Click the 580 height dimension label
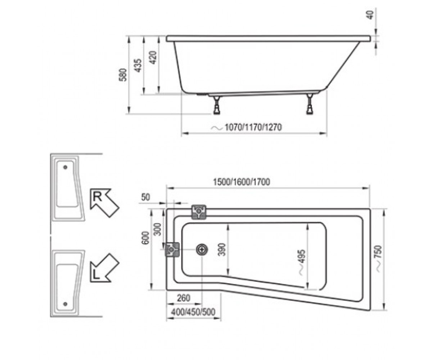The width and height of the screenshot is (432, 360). [x=123, y=75]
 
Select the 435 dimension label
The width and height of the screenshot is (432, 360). [x=138, y=66]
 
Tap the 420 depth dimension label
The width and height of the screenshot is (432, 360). [x=153, y=58]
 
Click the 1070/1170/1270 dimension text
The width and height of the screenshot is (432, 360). [x=253, y=127]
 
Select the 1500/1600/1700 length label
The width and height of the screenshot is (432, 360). [x=242, y=182]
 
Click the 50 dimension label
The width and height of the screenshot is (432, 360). [x=145, y=197]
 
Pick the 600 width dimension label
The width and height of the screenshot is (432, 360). [x=146, y=238]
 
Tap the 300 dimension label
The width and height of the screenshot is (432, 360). [x=158, y=229]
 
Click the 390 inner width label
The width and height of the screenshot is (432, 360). [x=222, y=249]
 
